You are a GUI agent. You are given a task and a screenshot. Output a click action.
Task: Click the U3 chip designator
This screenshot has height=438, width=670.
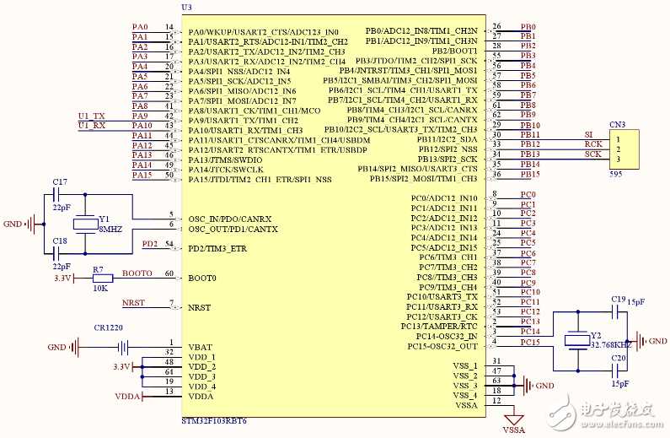[186, 7]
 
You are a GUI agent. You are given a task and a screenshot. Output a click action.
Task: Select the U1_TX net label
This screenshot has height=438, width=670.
[91, 116]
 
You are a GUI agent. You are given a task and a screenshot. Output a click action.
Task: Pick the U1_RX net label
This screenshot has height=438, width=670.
[91, 126]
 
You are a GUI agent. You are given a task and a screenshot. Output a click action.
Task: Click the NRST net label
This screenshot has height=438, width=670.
[133, 302]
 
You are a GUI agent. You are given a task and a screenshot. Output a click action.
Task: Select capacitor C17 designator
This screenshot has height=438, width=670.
[60, 181]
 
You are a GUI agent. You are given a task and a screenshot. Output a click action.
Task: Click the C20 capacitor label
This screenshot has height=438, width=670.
[618, 358]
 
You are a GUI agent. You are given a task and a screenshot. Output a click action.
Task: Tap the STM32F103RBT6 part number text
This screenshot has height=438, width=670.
[214, 419]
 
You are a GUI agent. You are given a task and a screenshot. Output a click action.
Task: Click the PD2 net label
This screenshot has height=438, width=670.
[149, 244]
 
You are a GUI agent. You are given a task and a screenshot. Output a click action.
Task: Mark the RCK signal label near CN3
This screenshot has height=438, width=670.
[593, 144]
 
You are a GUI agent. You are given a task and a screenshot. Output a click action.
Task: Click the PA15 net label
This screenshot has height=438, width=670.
[141, 175]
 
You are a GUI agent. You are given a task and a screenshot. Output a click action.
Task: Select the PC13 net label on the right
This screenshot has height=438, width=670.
[529, 322]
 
